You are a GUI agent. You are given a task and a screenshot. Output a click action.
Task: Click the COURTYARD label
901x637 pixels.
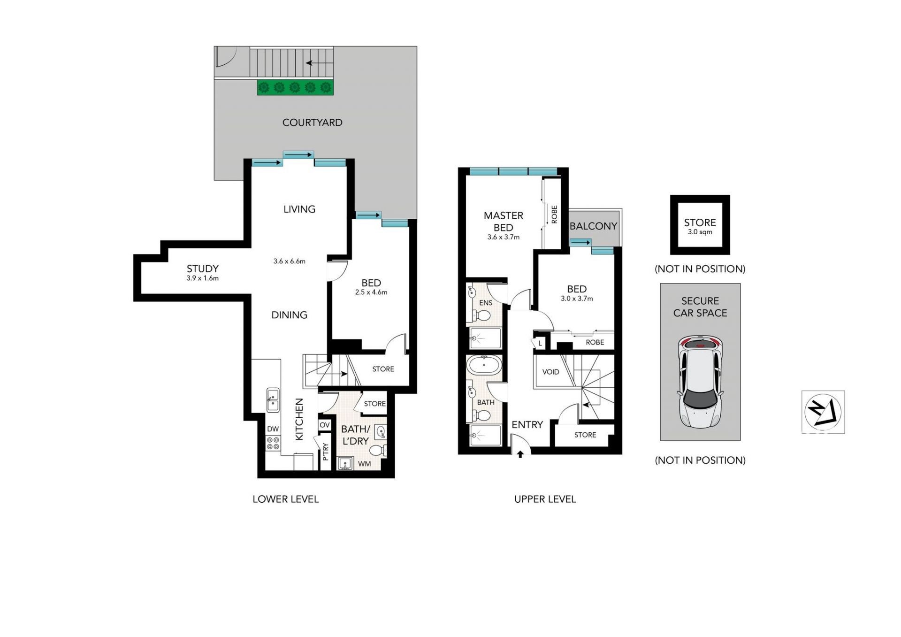tap(312, 123)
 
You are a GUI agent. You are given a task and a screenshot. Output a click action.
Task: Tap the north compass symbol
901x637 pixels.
tap(823, 412)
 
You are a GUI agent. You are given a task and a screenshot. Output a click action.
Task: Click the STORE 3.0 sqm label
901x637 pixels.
tap(700, 226)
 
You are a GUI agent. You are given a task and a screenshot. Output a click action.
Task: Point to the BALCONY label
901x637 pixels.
tap(593, 226)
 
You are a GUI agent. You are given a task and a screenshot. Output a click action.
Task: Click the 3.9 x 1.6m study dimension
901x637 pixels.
tap(202, 278)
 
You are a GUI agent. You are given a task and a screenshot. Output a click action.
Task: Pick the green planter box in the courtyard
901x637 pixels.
tap(295, 87)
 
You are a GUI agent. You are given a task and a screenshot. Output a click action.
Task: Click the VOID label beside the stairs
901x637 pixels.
tap(550, 372)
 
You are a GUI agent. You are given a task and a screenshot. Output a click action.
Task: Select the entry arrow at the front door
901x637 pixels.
tap(520, 454)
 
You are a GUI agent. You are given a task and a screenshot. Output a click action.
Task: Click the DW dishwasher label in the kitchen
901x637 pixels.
tap(273, 429)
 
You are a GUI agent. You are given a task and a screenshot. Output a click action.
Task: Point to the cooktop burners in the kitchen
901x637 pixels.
tap(273, 443)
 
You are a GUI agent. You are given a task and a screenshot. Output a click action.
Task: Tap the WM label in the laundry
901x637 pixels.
tap(364, 464)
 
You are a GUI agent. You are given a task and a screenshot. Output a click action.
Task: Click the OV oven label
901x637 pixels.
tap(325, 425)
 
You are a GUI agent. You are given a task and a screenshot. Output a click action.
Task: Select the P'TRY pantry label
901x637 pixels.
tap(326, 451)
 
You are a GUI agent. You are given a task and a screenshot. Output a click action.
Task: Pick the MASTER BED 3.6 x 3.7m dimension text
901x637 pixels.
tap(503, 237)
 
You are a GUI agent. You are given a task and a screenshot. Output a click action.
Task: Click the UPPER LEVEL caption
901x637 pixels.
tap(545, 499)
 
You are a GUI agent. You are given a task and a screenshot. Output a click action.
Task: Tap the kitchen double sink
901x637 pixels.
tap(273, 400)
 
